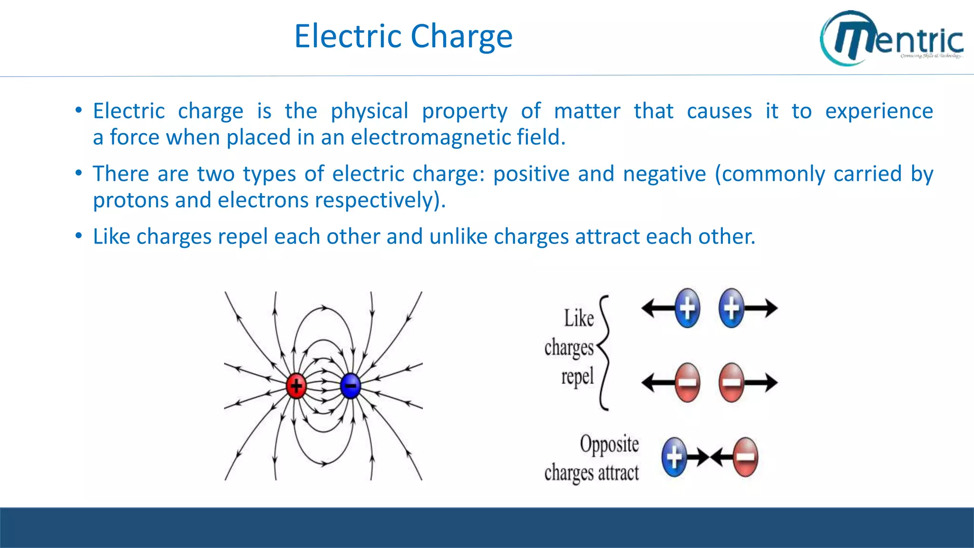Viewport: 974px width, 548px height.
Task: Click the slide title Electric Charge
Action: click(403, 36)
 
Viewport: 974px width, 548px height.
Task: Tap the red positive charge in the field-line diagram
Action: click(296, 385)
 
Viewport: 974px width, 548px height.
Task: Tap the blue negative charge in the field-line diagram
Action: click(351, 385)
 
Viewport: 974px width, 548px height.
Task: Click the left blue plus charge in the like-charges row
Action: click(687, 308)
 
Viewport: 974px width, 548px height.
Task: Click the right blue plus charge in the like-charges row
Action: click(731, 308)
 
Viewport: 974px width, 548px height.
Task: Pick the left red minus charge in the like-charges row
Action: click(687, 382)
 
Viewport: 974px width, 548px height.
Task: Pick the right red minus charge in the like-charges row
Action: click(731, 382)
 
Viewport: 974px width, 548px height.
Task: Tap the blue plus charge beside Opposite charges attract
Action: click(674, 457)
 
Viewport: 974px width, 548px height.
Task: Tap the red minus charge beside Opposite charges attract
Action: click(745, 457)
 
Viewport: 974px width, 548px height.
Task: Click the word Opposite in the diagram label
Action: click(609, 444)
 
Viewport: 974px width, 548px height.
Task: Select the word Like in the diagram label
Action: click(579, 318)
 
